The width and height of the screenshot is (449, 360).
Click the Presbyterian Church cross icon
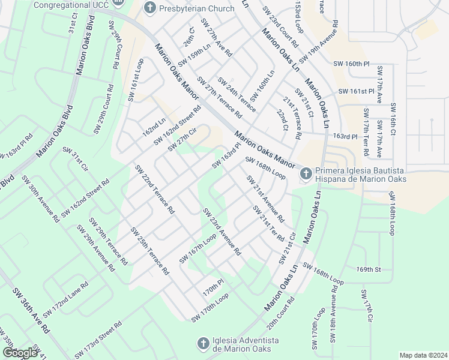click(x=149, y=8)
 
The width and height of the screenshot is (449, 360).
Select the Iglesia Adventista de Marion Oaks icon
click(x=203, y=343)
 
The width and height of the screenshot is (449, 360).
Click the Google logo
click(x=20, y=352)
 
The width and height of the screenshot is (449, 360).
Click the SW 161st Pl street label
click(x=356, y=91)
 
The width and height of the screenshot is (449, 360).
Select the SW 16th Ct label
click(x=394, y=122)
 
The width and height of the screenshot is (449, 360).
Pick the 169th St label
click(x=369, y=269)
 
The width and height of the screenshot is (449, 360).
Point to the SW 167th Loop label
click(x=197, y=248)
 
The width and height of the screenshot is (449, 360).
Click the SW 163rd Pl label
click(x=226, y=155)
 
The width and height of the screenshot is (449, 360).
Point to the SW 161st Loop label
click(x=136, y=80)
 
